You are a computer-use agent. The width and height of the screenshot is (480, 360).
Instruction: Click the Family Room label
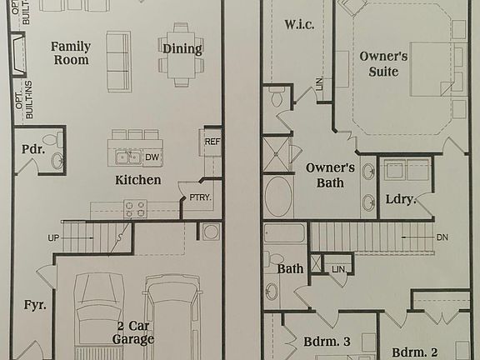pos(70,53)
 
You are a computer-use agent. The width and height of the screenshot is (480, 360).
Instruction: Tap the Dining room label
pos(182,48)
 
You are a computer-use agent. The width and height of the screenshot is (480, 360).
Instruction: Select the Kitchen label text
pos(137,180)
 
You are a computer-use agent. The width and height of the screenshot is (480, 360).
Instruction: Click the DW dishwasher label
pos(152,157)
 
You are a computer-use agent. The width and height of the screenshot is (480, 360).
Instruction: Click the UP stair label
pos(54,238)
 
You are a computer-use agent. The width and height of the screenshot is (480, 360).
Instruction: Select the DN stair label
pos(442,237)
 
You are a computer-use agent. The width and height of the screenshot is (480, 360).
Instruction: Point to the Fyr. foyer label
pos(32,305)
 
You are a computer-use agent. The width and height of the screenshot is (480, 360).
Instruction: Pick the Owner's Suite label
pos(384,64)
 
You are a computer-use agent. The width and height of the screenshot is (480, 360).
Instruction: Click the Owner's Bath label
pos(330,175)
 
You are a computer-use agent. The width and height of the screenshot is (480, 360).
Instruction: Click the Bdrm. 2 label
pos(414,351)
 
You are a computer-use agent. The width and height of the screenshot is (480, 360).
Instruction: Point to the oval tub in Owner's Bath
pos(278,197)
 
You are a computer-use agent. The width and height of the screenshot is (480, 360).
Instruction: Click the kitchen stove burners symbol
pos(135,207)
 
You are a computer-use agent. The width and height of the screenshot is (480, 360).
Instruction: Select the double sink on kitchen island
pos(127,157)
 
